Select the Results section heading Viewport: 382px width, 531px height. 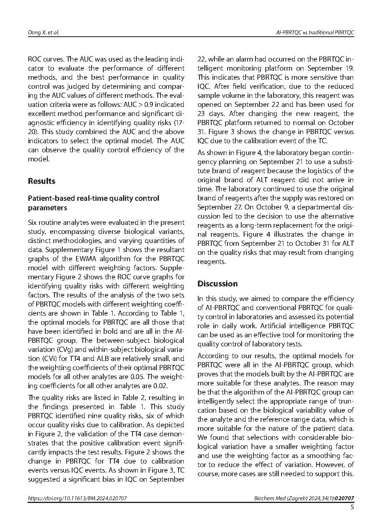(x=41, y=181)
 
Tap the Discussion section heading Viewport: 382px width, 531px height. (x=217, y=284)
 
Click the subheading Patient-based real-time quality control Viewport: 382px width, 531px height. (x=93, y=198)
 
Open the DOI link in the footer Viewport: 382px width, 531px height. (x=77, y=498)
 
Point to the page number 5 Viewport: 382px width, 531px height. (x=352, y=507)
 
